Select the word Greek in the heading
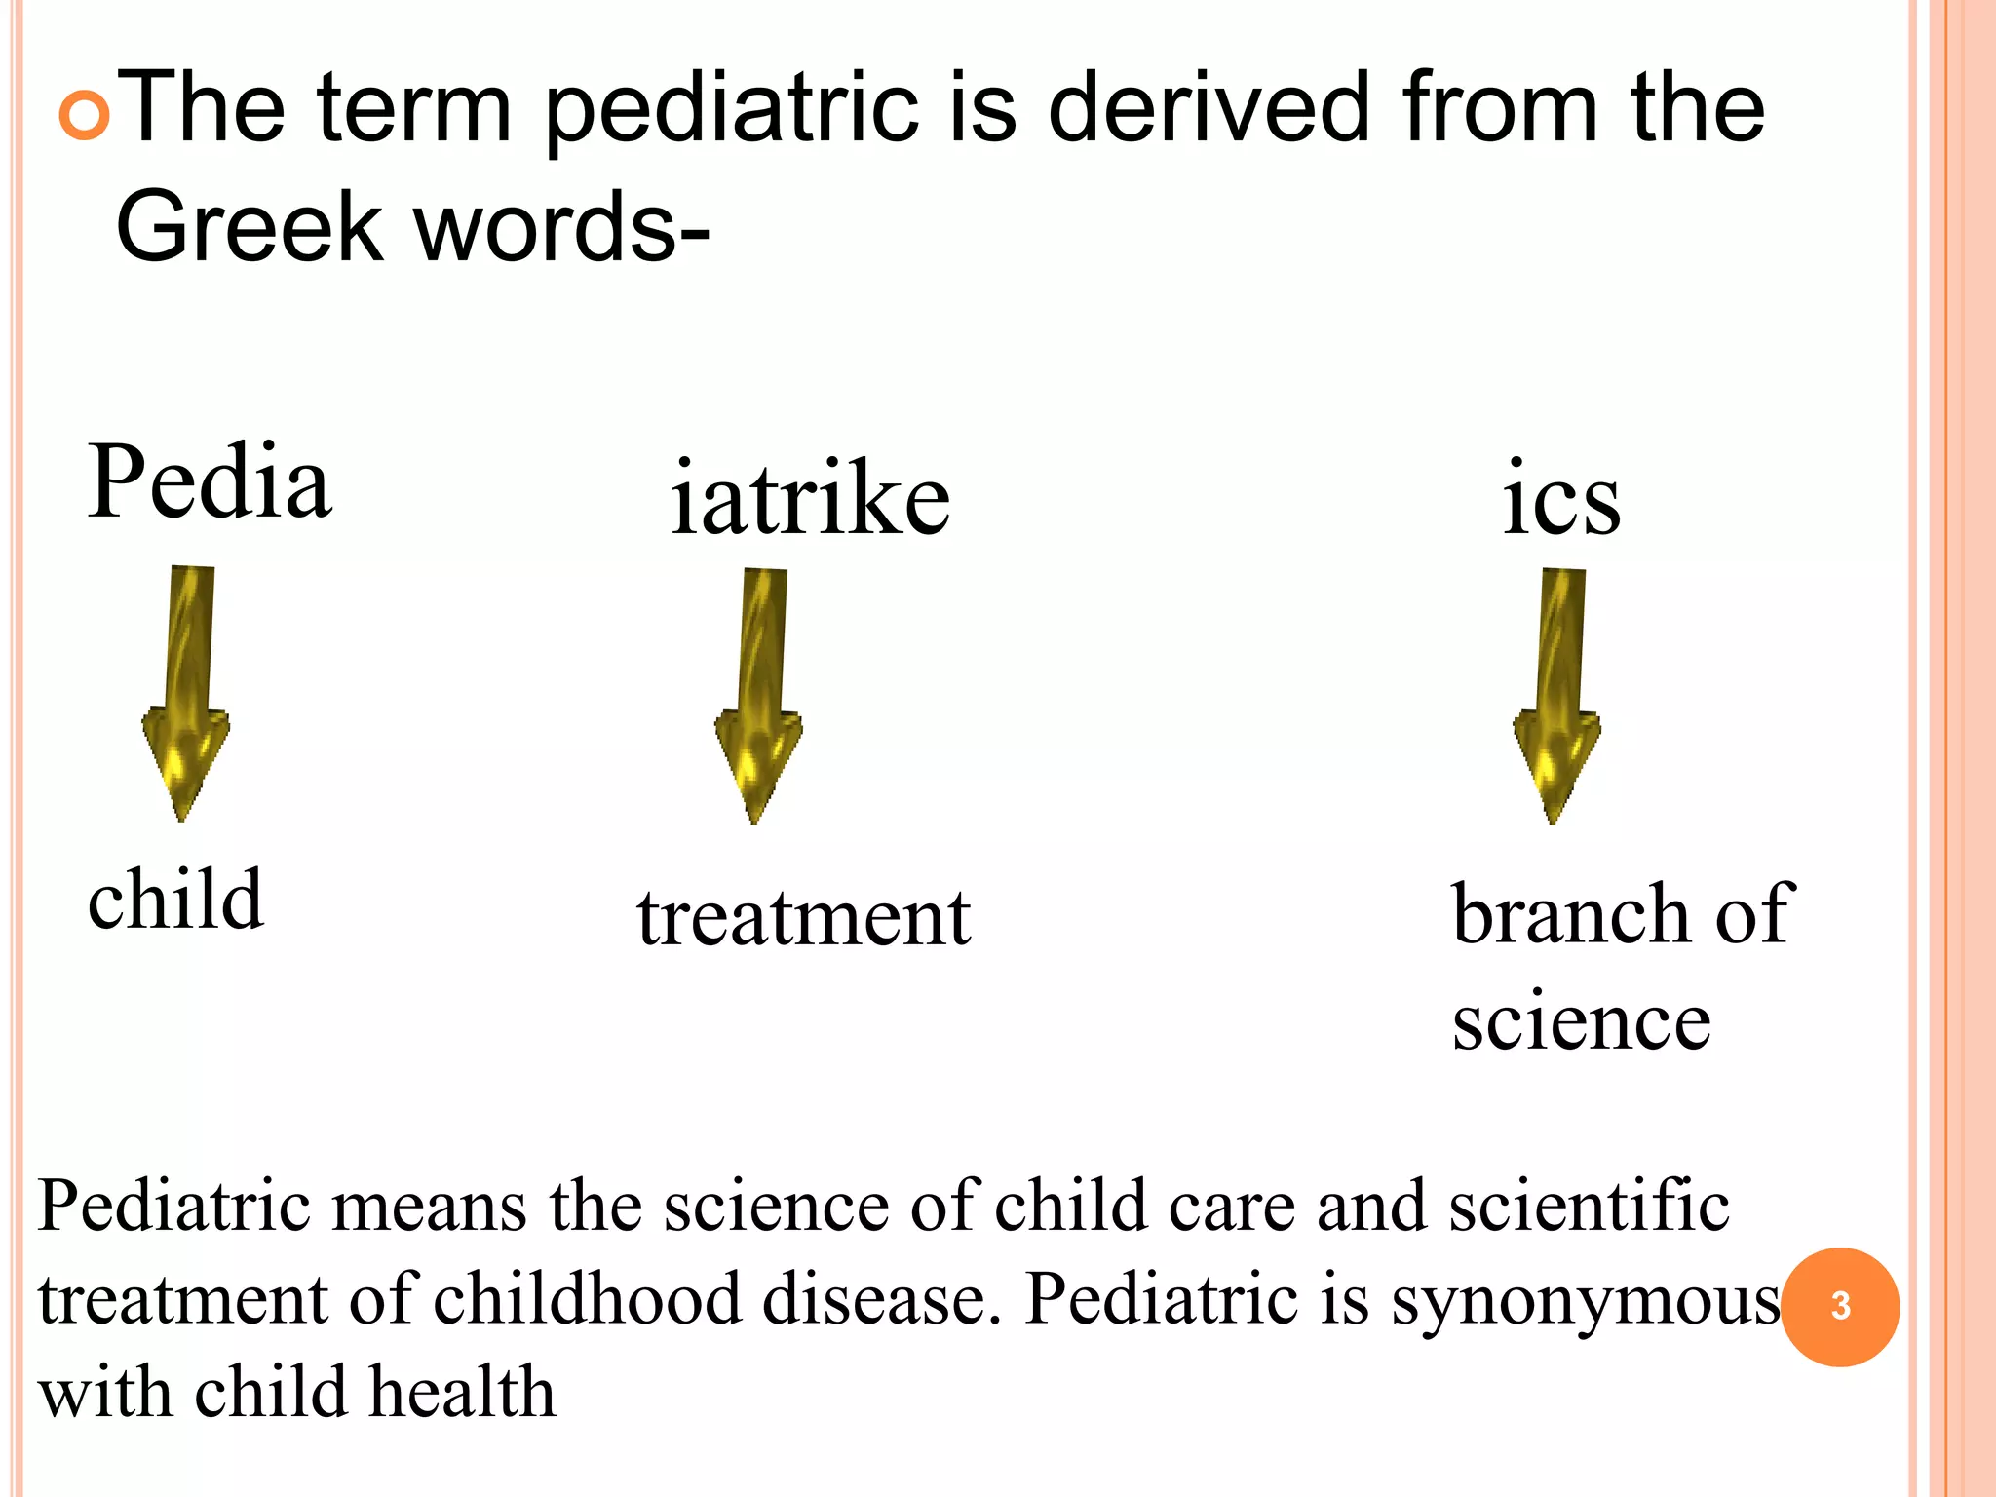pos(249,226)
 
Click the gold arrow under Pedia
pos(187,691)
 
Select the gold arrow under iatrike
pos(759,694)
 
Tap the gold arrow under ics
pos(1557,694)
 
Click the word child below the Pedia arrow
pos(175,899)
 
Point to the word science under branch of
pos(1581,1020)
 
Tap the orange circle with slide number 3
pos(1840,1306)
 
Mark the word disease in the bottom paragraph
pos(881,1299)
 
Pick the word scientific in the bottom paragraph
pos(1589,1207)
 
